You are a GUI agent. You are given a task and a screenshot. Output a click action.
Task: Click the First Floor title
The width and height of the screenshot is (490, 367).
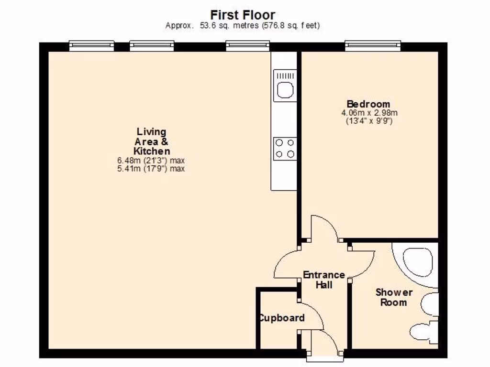coord(243,15)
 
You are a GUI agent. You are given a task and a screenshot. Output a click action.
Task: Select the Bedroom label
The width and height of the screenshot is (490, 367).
coord(368,104)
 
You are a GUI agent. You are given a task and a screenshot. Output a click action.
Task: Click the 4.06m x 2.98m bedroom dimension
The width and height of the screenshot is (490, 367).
coord(369,113)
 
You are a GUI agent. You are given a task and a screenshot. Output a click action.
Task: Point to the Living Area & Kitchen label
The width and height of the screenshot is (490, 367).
coord(151,141)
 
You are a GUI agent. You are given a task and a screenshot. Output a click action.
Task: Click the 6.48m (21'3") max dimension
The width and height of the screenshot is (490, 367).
coord(151,161)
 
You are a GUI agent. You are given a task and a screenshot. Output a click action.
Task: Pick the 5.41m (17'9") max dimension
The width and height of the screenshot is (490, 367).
coord(151,169)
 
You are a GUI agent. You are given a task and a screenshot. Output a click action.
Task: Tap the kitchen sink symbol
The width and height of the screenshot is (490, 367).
coord(285,86)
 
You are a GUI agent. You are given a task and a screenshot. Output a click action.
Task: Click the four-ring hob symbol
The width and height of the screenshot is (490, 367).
coord(285,148)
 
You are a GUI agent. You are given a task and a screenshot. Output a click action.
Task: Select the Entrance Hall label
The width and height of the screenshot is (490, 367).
coord(324,280)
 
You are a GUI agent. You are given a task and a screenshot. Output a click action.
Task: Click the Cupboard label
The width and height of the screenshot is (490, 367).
coord(281,318)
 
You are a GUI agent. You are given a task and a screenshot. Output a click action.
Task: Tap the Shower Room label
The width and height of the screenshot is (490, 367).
coord(393,297)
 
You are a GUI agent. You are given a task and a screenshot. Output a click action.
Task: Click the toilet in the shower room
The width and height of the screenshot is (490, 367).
coord(423,331)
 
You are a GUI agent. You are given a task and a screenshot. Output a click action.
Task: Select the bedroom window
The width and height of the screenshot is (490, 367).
coord(373,46)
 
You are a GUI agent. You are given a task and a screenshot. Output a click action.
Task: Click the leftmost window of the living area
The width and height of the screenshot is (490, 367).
coord(91,46)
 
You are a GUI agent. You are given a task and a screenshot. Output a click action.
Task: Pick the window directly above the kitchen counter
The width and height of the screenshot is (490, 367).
coord(248,46)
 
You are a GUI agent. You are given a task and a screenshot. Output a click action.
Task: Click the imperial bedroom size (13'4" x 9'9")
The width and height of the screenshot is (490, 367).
coord(369,121)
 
